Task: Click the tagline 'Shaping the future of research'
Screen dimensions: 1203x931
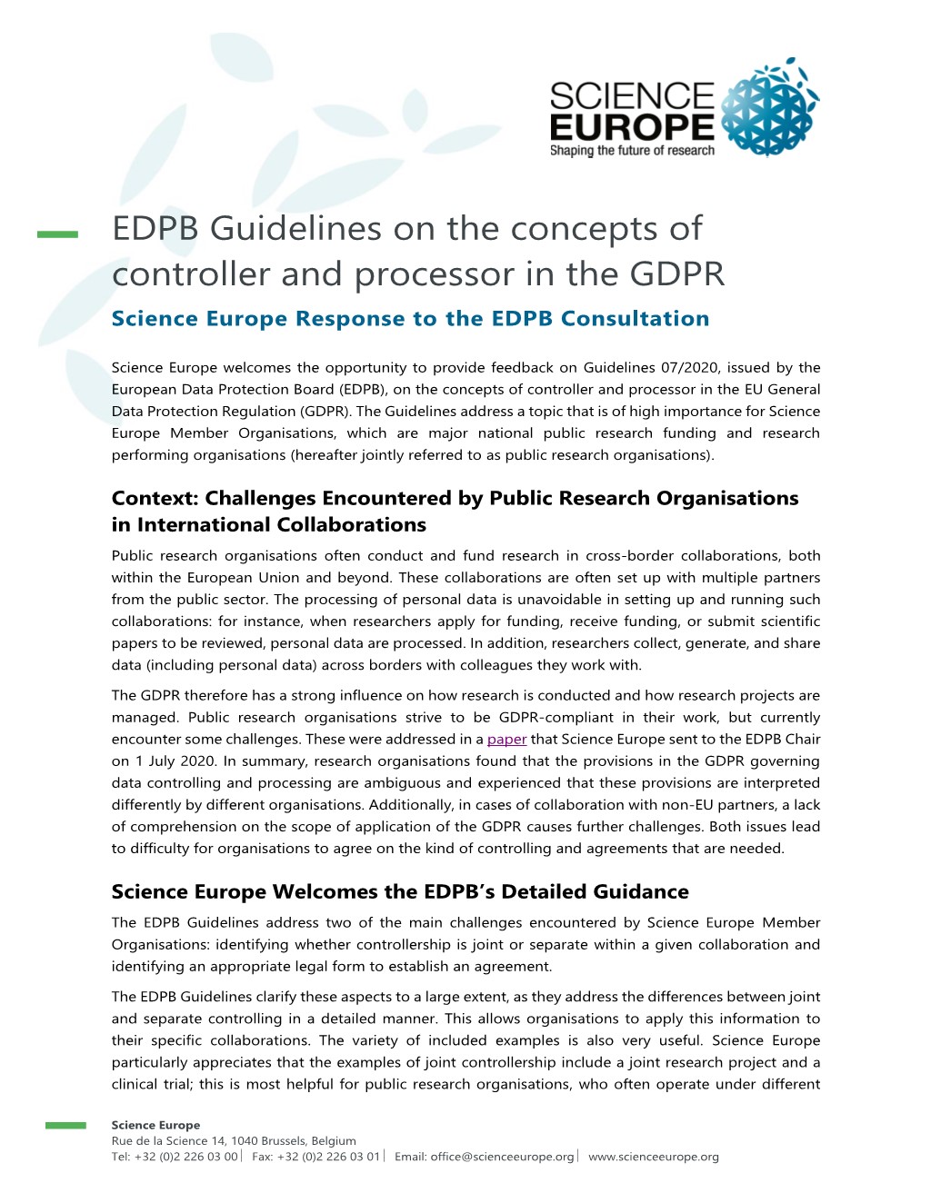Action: coord(632,151)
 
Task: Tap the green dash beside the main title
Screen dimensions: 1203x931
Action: coord(57,234)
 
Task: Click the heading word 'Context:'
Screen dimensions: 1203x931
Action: coord(155,499)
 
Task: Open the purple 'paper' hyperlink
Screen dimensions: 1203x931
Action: coord(506,740)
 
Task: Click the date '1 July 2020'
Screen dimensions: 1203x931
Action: coord(181,761)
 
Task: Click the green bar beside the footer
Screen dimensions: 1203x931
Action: coord(65,1126)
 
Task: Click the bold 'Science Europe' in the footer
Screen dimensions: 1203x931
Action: coord(155,1125)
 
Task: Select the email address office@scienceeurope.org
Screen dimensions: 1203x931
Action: coord(502,1157)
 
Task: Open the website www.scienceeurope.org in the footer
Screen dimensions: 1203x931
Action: coord(654,1157)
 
